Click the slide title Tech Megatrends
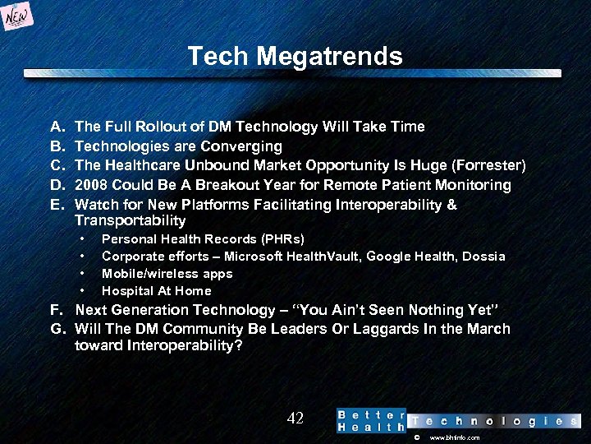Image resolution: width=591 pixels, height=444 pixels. tap(295, 56)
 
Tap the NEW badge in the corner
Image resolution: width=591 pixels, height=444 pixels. tap(18, 17)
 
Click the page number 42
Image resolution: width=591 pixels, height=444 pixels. tap(295, 419)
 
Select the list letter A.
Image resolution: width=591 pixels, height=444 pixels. tap(57, 127)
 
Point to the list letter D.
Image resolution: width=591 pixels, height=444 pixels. tap(57, 185)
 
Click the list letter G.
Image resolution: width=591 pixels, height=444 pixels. tap(57, 329)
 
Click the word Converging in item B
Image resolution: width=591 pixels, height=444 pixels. tap(244, 146)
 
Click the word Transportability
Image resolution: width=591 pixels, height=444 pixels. tap(130, 220)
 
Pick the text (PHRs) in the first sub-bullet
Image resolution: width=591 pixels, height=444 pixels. tap(282, 239)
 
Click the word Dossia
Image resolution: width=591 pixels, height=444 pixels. tap(483, 257)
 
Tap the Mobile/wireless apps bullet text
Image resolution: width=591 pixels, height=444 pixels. tap(167, 274)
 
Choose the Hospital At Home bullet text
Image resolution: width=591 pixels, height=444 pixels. tap(156, 291)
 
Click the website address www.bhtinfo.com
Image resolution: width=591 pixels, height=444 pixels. tap(454, 438)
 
